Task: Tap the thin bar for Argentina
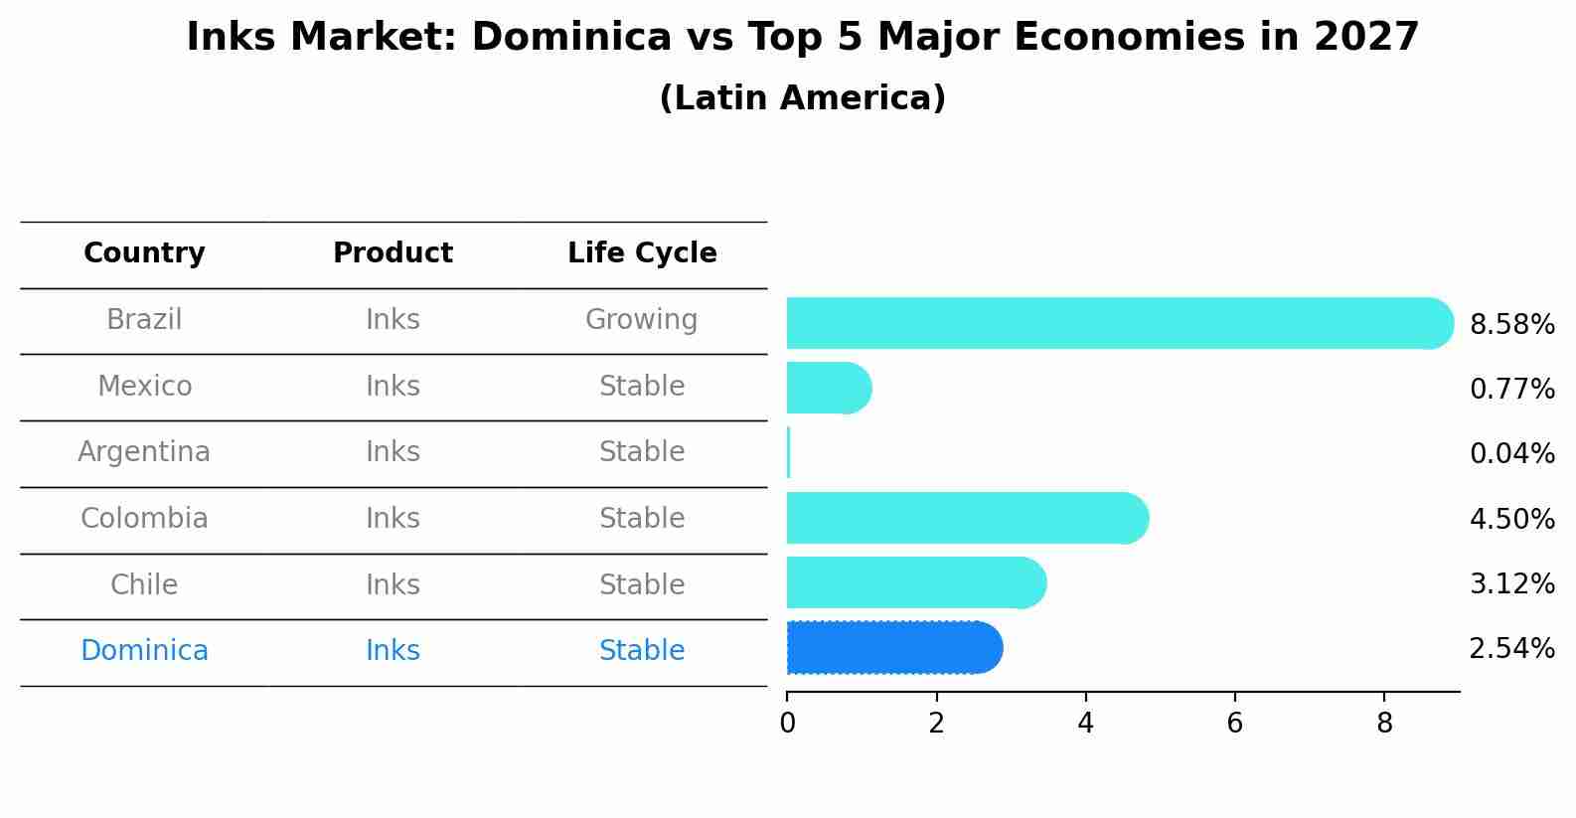pyautogui.click(x=788, y=453)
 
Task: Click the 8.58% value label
pyautogui.click(x=1511, y=325)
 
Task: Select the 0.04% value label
pyautogui.click(x=1511, y=454)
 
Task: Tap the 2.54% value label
pyautogui.click(x=1511, y=649)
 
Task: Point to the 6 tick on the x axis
pyautogui.click(x=1234, y=724)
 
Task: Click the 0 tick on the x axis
pyautogui.click(x=787, y=724)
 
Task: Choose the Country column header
pyautogui.click(x=144, y=253)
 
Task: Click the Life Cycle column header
pyautogui.click(x=642, y=253)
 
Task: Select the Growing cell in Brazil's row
pyautogui.click(x=642, y=320)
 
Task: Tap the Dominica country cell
pyautogui.click(x=144, y=651)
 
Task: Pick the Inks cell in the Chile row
pyautogui.click(x=393, y=584)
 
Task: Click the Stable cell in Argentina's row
pyautogui.click(x=642, y=452)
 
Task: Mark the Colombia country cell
pyautogui.click(x=144, y=519)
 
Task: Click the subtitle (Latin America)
pyautogui.click(x=802, y=98)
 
